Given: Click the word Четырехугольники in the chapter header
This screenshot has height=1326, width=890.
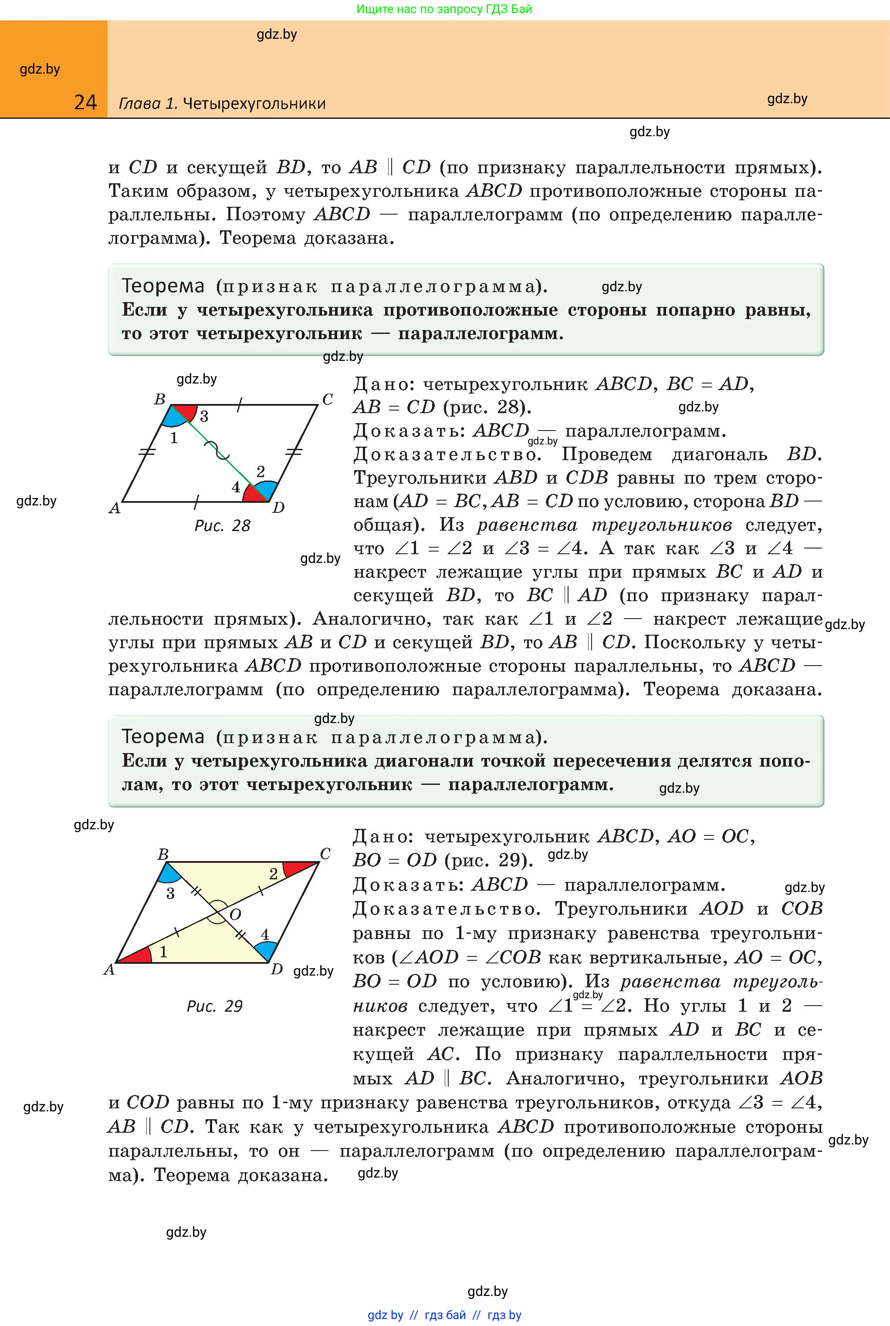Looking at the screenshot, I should (254, 104).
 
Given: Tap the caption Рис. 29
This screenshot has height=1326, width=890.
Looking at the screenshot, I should (215, 1006).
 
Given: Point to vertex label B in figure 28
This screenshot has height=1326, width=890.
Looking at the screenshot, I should (159, 399).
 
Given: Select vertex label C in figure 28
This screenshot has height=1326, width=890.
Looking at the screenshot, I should (328, 400).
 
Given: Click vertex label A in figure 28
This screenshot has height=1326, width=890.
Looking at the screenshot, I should (115, 508).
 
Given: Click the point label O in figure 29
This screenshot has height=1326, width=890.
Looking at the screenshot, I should (235, 914).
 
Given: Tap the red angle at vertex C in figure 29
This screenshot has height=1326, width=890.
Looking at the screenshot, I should (299, 868).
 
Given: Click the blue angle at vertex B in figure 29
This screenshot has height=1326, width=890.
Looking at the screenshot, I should (169, 874).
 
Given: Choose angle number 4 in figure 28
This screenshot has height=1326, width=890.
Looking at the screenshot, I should (236, 487).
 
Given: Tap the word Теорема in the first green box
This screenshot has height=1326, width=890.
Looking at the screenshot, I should (163, 286).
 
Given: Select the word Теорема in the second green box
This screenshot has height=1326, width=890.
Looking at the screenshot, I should (163, 737).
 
